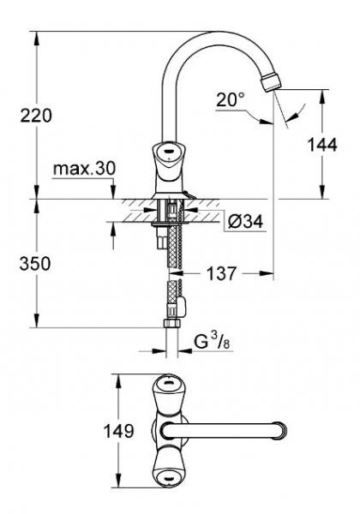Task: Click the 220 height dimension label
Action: point(36,116)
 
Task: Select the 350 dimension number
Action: point(35,264)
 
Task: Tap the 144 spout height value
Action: point(322,145)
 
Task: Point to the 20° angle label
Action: point(231,99)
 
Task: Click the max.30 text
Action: point(84,169)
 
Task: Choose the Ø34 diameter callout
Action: point(246,222)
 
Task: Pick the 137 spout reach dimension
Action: point(221,273)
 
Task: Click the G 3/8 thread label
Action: point(212,342)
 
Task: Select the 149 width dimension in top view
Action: point(118,431)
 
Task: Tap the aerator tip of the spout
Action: point(271,82)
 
